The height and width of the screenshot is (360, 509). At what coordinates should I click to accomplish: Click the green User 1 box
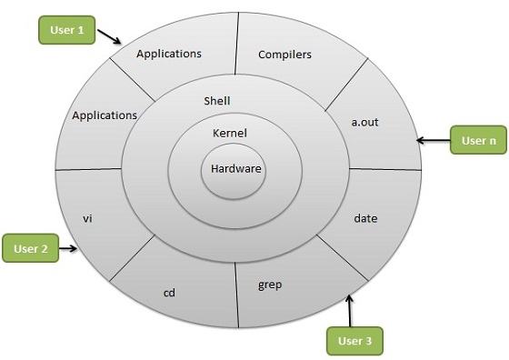67,30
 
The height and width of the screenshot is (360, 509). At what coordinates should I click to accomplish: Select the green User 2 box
31,247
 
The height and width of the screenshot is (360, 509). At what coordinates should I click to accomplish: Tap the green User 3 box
354,340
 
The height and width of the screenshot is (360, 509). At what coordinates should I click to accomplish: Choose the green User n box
478,141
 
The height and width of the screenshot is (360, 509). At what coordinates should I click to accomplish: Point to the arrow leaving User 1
110,37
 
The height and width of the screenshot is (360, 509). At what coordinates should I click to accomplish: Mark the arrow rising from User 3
352,309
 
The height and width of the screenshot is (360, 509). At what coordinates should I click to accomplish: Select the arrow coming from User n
433,141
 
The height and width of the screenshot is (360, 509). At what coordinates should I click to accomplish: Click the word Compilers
284,55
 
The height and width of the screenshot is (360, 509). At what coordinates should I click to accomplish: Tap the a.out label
365,121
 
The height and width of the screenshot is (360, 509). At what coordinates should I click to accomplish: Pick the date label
365,218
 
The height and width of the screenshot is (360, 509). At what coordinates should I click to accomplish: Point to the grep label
270,285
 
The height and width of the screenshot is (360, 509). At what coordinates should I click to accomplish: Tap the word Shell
217,100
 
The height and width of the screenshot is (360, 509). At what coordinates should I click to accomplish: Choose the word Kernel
230,134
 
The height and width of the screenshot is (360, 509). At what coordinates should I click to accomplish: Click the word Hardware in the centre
235,168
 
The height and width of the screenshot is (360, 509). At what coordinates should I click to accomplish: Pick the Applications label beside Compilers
168,54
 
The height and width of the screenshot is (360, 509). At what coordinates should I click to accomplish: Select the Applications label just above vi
105,115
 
